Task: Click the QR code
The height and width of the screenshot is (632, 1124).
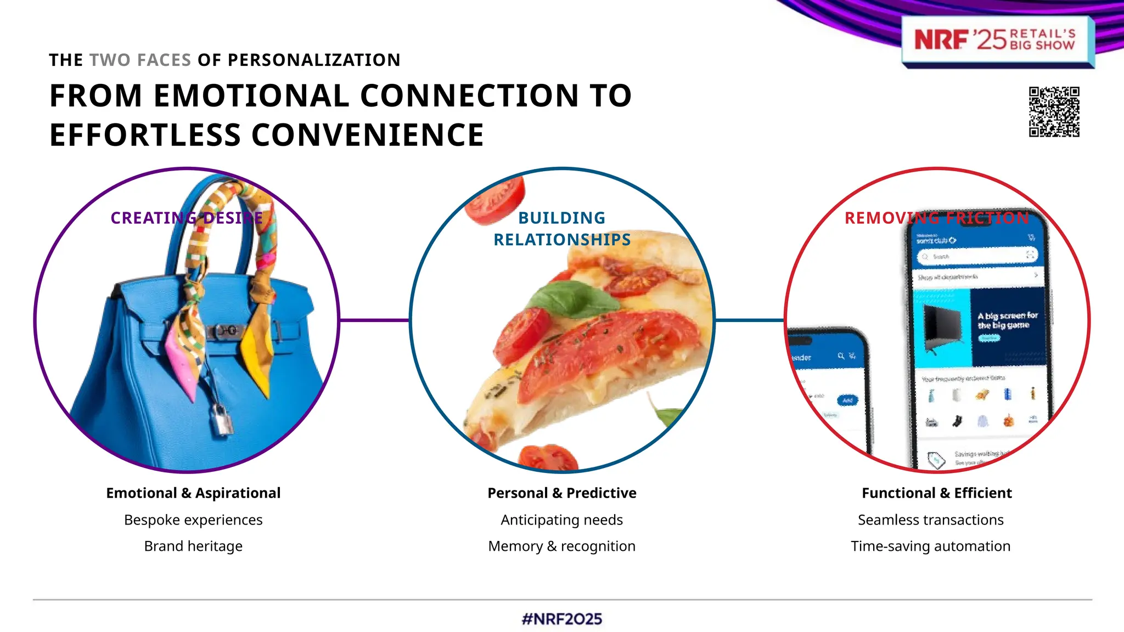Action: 1054,111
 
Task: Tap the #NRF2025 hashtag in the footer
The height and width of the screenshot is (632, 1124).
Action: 562,619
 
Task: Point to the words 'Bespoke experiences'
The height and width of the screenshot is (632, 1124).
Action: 193,520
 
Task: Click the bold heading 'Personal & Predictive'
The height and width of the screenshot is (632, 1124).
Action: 561,493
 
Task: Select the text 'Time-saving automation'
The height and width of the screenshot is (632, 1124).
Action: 930,546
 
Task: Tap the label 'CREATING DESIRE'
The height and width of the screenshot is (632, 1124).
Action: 187,218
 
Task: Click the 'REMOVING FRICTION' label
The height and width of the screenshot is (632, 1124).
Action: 936,218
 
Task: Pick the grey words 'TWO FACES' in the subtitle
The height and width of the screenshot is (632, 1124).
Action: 140,60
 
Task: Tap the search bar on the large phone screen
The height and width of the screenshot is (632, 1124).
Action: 974,256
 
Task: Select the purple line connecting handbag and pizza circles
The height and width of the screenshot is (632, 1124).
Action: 374,320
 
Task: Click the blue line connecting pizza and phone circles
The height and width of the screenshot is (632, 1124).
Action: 750,320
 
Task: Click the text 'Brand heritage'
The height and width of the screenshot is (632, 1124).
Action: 193,546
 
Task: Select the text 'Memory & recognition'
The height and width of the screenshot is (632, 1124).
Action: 561,546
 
